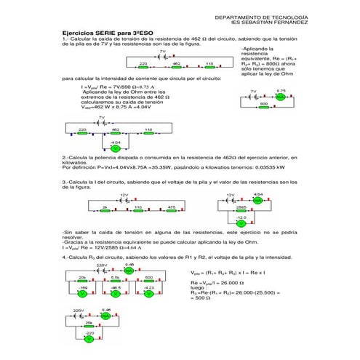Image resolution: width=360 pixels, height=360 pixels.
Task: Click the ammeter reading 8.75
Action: pos(281,96)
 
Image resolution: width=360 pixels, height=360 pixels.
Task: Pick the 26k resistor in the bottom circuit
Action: pos(88,324)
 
